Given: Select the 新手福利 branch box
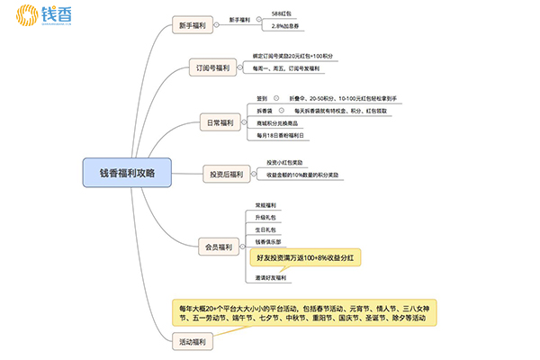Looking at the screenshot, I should coord(196,25).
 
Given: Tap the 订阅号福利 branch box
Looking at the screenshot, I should coord(213,67).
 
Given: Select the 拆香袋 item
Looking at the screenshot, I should coord(264,111).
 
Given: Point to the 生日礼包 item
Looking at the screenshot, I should coord(266,229).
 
